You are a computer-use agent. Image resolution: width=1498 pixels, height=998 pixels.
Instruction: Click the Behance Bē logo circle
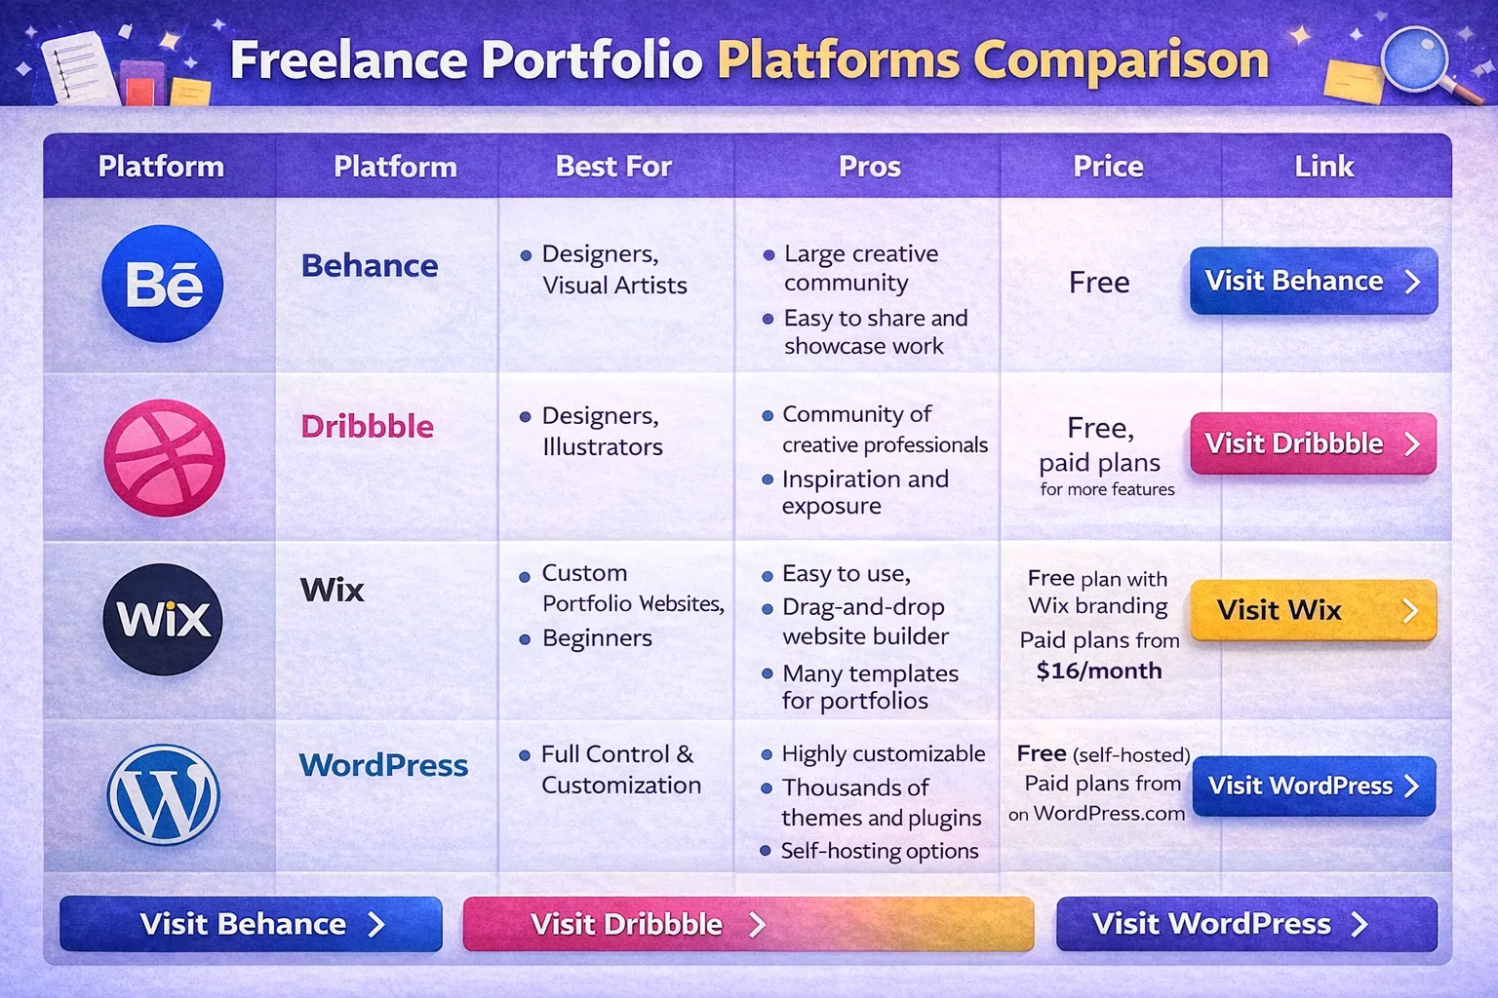(163, 284)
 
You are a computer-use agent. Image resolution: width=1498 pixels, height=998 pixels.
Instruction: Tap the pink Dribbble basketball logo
(164, 458)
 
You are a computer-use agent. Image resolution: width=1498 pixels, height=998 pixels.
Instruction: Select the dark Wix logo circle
(163, 619)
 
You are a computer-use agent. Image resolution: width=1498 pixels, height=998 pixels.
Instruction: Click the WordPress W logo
(163, 794)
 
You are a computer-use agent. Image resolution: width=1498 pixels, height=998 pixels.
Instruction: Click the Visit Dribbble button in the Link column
(1313, 443)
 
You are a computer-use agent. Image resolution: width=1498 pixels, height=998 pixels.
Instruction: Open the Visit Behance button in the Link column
(1313, 281)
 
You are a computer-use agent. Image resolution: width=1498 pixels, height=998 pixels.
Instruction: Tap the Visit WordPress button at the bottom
(1245, 924)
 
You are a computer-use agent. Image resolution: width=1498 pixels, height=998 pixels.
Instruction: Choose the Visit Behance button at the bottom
(251, 924)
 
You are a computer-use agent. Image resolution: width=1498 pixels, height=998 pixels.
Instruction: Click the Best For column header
(613, 167)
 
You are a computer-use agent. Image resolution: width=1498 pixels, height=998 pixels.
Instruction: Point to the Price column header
(1108, 167)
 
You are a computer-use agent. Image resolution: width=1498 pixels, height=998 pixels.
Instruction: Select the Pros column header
(869, 167)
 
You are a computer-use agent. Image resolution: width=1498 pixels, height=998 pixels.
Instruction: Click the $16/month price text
(1099, 671)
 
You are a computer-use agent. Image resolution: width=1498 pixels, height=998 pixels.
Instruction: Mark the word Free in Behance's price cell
(1099, 283)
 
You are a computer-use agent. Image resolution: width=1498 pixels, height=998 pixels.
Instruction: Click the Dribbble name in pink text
(367, 426)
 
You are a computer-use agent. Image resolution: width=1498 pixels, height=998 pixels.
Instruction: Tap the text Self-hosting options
(879, 851)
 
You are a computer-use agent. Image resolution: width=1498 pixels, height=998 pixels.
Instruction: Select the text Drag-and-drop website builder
(864, 622)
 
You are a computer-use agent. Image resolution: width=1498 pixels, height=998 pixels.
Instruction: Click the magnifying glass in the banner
(1416, 60)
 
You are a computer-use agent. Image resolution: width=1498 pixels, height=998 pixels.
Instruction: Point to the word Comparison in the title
(1121, 60)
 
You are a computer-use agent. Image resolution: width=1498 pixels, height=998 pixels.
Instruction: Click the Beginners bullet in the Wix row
(596, 638)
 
